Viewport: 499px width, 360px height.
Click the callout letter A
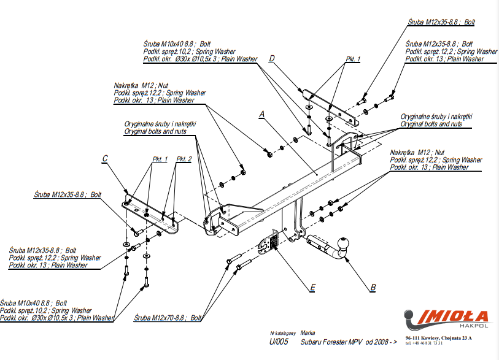(261, 114)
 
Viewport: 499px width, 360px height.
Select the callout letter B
(373, 286)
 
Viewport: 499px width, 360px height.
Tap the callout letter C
(105, 159)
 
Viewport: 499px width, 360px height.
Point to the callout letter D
(271, 58)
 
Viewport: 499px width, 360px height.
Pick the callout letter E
(312, 286)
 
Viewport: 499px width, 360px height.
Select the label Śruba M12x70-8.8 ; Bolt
(168, 318)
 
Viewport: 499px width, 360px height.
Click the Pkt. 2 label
(184, 159)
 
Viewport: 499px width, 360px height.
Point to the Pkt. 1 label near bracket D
(353, 59)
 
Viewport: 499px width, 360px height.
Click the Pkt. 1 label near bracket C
(160, 159)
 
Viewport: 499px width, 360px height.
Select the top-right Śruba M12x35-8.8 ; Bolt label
(441, 22)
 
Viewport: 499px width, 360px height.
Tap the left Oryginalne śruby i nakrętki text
(160, 123)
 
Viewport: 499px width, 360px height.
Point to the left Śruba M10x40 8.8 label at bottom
(34, 303)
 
